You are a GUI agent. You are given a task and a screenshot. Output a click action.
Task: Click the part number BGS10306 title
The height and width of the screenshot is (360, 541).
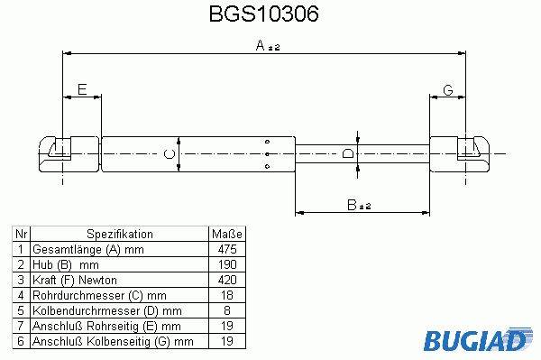(264, 14)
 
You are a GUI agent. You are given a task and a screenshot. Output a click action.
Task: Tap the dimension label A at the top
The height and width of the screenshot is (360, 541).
(268, 45)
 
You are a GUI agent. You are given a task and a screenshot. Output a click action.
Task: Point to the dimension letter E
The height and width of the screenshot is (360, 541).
(82, 89)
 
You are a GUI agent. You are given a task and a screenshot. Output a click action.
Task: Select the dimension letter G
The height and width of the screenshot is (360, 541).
(447, 90)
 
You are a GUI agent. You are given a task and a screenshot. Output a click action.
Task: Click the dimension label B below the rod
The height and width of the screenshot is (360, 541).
(359, 205)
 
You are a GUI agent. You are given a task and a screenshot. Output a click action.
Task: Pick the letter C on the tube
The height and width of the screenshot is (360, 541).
(170, 154)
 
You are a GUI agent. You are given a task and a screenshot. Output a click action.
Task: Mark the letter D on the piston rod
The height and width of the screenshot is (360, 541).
(348, 153)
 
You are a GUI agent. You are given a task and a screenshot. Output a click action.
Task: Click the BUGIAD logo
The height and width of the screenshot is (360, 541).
(478, 339)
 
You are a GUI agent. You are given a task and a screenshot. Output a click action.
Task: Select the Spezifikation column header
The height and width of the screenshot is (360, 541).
(120, 234)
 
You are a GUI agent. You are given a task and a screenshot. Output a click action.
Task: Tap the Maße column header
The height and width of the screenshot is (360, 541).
(227, 234)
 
